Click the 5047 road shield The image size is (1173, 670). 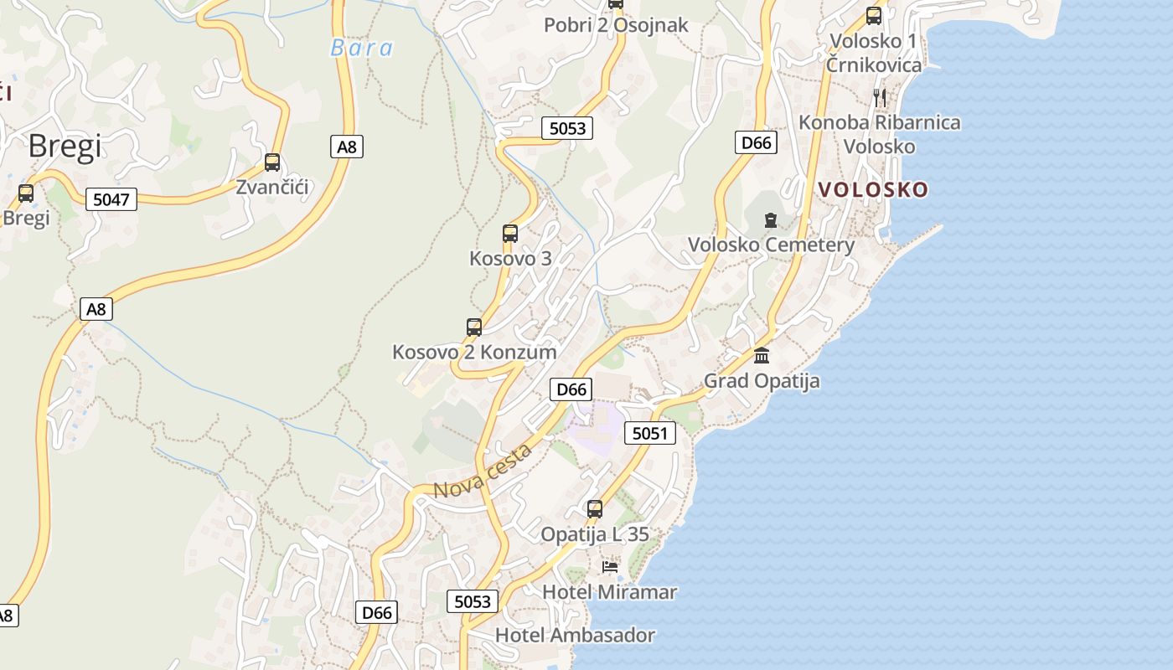click(x=111, y=199)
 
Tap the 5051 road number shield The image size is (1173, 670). click(x=649, y=433)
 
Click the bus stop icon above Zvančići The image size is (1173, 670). click(x=272, y=162)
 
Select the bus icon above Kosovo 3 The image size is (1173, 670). click(x=510, y=234)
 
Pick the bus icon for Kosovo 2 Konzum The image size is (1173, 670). click(x=474, y=327)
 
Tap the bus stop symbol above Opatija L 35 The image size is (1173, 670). click(x=595, y=508)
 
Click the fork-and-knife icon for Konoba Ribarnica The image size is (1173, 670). click(x=880, y=97)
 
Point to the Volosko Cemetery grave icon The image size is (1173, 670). click(x=770, y=220)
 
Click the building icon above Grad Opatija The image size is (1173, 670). click(x=762, y=356)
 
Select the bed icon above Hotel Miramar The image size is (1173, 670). click(x=610, y=567)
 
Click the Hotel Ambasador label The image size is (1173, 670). click(x=575, y=635)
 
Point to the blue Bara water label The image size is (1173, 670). click(x=362, y=48)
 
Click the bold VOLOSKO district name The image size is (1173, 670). click(x=873, y=189)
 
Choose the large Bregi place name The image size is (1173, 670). click(x=65, y=147)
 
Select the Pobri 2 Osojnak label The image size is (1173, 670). click(x=616, y=25)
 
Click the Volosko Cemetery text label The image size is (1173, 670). click(x=771, y=245)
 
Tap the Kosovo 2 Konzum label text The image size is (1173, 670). click(x=474, y=352)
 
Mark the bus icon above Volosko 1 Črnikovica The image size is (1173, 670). click(x=874, y=15)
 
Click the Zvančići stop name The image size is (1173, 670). click(x=272, y=187)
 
